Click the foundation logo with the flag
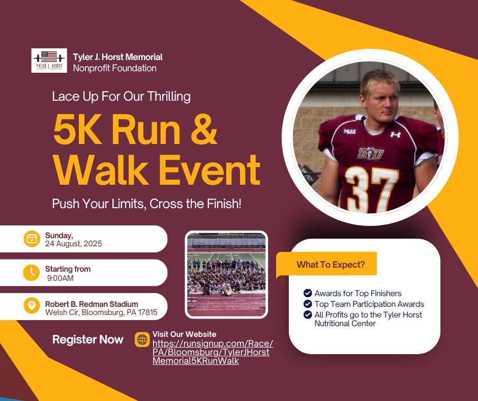[49, 61]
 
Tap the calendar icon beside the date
[32, 239]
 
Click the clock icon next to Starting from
[32, 272]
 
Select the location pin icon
[32, 305]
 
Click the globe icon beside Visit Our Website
[142, 340]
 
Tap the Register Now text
[88, 339]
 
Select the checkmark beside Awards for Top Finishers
[308, 293]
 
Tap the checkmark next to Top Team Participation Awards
[308, 304]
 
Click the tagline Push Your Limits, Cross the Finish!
[146, 204]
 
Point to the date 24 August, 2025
[74, 243]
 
